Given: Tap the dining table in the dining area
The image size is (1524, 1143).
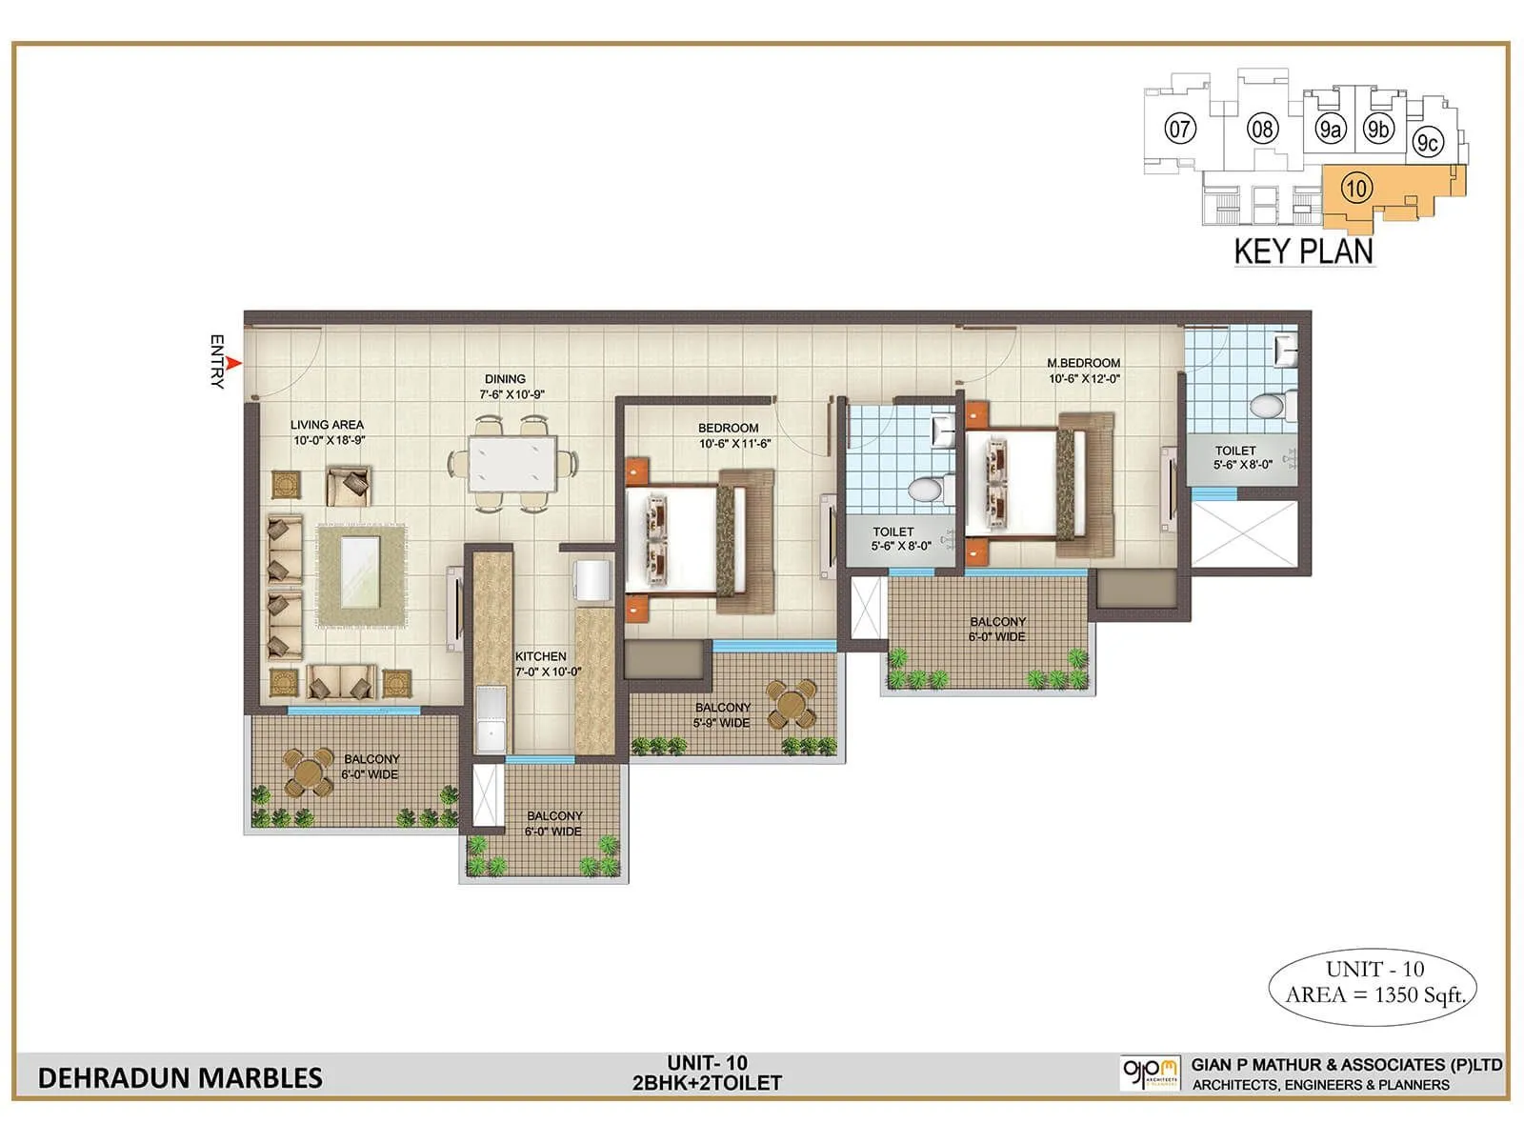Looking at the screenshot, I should pos(511,463).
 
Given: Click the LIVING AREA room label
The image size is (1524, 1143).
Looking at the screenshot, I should pos(328,432).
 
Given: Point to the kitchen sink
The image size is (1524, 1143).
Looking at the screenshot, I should pos(491,720).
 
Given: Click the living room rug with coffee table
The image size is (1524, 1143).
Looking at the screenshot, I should pos(361,575).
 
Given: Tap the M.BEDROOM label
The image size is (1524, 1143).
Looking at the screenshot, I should pos(1084,370).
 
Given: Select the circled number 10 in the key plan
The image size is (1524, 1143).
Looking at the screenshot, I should pos(1355,189).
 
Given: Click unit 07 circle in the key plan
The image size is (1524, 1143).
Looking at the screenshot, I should pos(1179,129).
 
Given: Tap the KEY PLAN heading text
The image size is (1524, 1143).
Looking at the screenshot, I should pos(1303,251).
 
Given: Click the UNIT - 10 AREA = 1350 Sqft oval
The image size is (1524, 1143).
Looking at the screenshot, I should pos(1373,983).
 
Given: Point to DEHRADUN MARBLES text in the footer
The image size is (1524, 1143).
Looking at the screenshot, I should pos(180,1077).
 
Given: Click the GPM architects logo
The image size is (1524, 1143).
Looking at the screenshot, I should pos(1150,1073).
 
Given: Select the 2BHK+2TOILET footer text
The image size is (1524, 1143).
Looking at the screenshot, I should pos(707,1083).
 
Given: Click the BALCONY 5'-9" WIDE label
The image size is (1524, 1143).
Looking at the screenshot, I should pos(722,714).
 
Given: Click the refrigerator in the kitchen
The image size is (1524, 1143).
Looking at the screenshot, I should pos(592,580).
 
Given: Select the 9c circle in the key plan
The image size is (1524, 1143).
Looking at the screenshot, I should pos(1426,143).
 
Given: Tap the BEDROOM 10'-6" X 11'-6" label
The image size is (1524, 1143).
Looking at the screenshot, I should pos(733,435).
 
